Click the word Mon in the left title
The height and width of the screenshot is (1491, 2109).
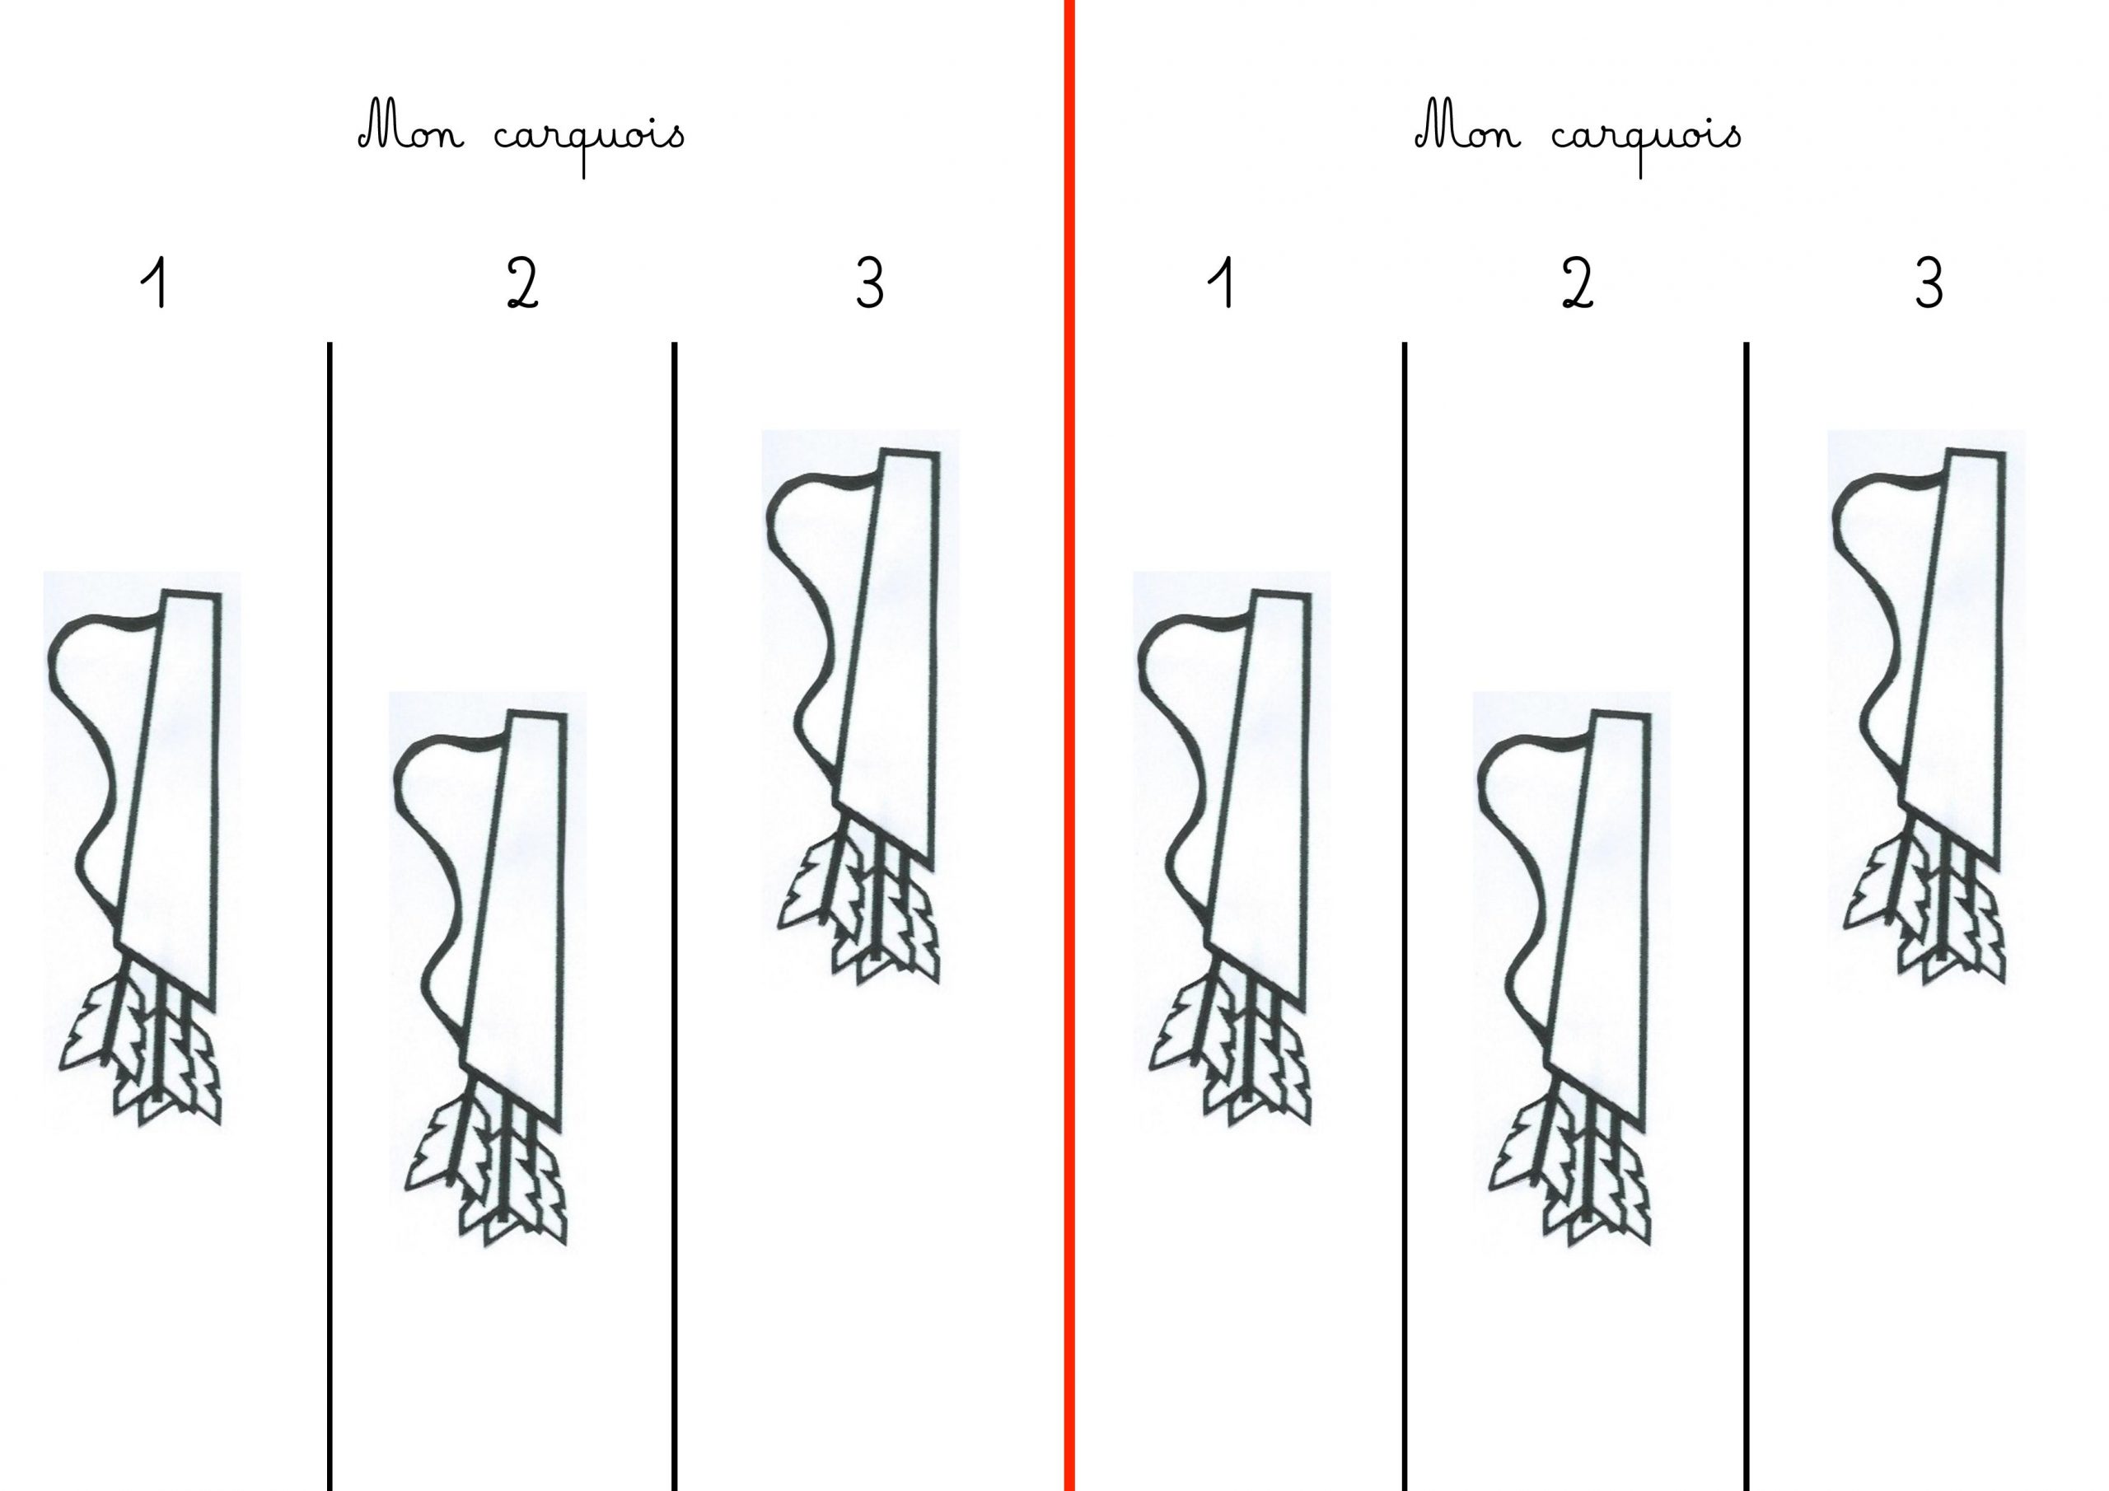412,133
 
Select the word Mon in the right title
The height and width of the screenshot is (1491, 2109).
1468,133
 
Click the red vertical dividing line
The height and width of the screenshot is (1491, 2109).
1069,745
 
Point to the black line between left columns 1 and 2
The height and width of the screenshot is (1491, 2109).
330,916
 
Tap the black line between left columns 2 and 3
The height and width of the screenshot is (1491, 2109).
676,916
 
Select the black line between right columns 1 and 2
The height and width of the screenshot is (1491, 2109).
1405,916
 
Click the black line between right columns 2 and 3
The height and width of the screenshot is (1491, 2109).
1747,916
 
